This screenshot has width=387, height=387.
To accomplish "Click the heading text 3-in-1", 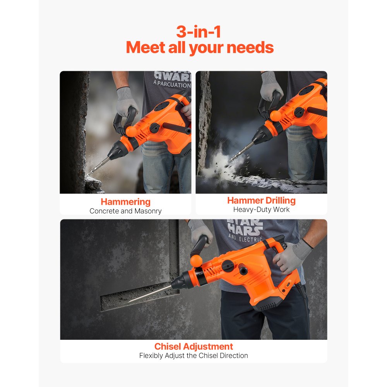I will click(199, 31).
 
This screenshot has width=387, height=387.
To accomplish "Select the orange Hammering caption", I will click(125, 202).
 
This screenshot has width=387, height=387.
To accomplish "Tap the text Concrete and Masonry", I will click(125, 211).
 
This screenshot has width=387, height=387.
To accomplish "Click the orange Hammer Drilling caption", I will click(261, 200).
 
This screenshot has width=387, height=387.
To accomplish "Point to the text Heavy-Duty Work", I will click(261, 210).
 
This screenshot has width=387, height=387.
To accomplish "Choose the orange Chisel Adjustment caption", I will click(193, 346).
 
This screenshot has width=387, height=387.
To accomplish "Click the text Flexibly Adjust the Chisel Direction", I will click(193, 356).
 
